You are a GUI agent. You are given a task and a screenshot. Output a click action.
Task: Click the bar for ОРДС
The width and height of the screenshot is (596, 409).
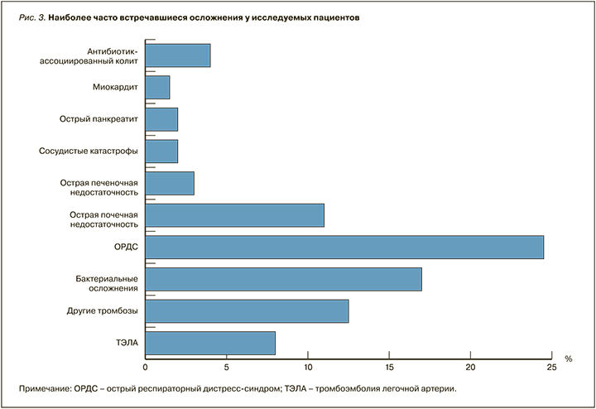344,248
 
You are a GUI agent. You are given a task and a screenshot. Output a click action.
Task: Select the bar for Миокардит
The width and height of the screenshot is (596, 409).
157,87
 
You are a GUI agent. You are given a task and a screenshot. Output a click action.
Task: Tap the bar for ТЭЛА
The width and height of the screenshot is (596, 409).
210,343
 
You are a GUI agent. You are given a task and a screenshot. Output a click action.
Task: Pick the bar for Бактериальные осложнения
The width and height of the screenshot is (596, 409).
283,279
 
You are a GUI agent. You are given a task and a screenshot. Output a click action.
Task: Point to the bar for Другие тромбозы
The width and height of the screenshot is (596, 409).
247,311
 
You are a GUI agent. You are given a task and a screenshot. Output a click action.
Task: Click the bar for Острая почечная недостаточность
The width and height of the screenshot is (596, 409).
234,215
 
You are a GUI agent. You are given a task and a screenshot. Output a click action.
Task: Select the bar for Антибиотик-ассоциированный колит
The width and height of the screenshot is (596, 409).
178,55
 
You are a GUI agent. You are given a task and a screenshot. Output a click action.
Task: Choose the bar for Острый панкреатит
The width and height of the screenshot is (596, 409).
161,119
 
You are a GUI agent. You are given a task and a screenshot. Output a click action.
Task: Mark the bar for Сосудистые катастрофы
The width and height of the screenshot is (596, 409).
161,152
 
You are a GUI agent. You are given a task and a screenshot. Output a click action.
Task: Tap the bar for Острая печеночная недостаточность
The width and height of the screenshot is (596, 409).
170,183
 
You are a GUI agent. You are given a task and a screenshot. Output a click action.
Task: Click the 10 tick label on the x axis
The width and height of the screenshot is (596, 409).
308,367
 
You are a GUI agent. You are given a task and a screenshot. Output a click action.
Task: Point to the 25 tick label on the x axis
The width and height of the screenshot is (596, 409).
552,367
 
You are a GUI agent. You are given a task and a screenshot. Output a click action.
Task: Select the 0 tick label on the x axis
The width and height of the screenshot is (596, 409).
146,367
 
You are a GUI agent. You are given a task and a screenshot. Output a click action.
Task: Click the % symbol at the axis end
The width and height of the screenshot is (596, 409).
569,358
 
